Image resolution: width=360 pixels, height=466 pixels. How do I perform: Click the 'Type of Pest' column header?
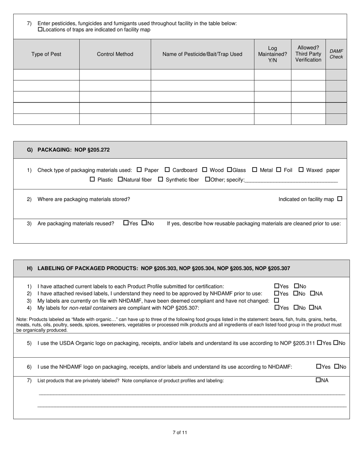coord(46,54)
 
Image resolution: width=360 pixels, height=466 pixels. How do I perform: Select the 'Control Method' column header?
coord(115,54)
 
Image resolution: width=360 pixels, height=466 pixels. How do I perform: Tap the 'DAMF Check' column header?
coord(336,54)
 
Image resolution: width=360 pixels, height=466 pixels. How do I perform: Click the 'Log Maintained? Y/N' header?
coord(272,54)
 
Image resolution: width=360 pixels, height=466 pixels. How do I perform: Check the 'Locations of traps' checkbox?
coord(40,30)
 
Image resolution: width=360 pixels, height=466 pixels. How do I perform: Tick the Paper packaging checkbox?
coord(139,170)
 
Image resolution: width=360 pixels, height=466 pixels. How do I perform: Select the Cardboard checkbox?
coord(167,170)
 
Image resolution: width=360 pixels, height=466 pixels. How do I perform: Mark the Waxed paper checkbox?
coord(301,170)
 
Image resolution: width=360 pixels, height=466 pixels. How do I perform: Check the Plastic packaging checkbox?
coord(92,180)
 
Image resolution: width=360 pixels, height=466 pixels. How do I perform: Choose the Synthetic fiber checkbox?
coord(160,180)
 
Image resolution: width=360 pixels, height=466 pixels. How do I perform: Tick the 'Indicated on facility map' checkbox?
coord(340,199)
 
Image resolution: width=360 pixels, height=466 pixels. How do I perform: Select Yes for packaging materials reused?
coord(126,223)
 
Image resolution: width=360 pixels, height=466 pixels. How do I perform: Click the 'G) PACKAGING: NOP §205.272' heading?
coord(68,150)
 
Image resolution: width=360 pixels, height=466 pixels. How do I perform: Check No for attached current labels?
coord(296,286)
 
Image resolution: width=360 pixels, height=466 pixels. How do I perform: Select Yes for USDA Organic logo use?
coord(319,343)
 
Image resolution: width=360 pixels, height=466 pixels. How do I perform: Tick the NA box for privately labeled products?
coord(318,380)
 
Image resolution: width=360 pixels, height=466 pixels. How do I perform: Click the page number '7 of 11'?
coord(180,433)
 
